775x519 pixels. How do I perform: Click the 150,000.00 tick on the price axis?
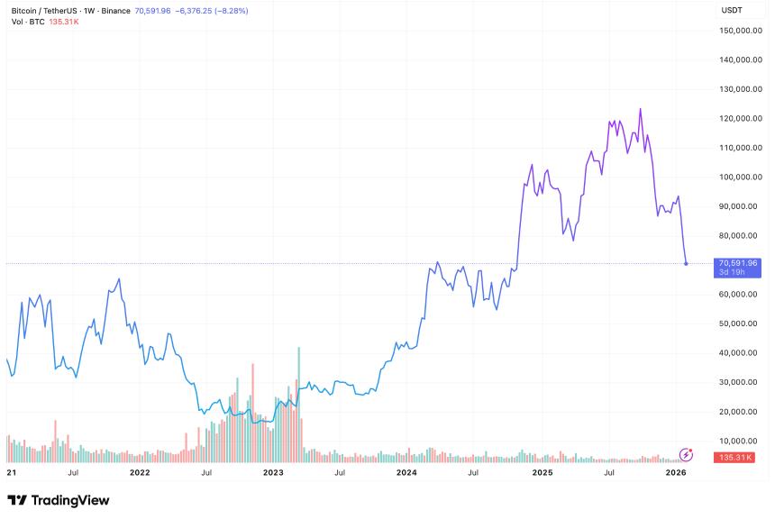[741, 31]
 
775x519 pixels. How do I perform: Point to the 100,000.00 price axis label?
[741, 177]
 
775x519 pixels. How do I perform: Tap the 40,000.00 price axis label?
[743, 352]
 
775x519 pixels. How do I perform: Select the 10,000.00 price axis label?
[743, 441]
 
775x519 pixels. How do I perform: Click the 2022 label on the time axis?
[140, 471]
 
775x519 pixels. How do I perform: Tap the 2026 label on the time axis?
[676, 471]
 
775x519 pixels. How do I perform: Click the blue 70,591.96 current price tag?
[735, 264]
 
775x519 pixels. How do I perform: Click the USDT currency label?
[733, 10]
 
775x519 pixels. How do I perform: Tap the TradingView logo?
[58, 500]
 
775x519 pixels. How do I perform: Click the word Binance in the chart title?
[114, 11]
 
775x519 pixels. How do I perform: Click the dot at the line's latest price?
[687, 264]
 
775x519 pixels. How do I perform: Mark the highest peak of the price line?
[640, 109]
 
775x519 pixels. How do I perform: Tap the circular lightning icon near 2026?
[687, 455]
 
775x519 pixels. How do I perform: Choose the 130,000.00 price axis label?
[741, 89]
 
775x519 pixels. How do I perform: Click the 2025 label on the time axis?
[542, 471]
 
